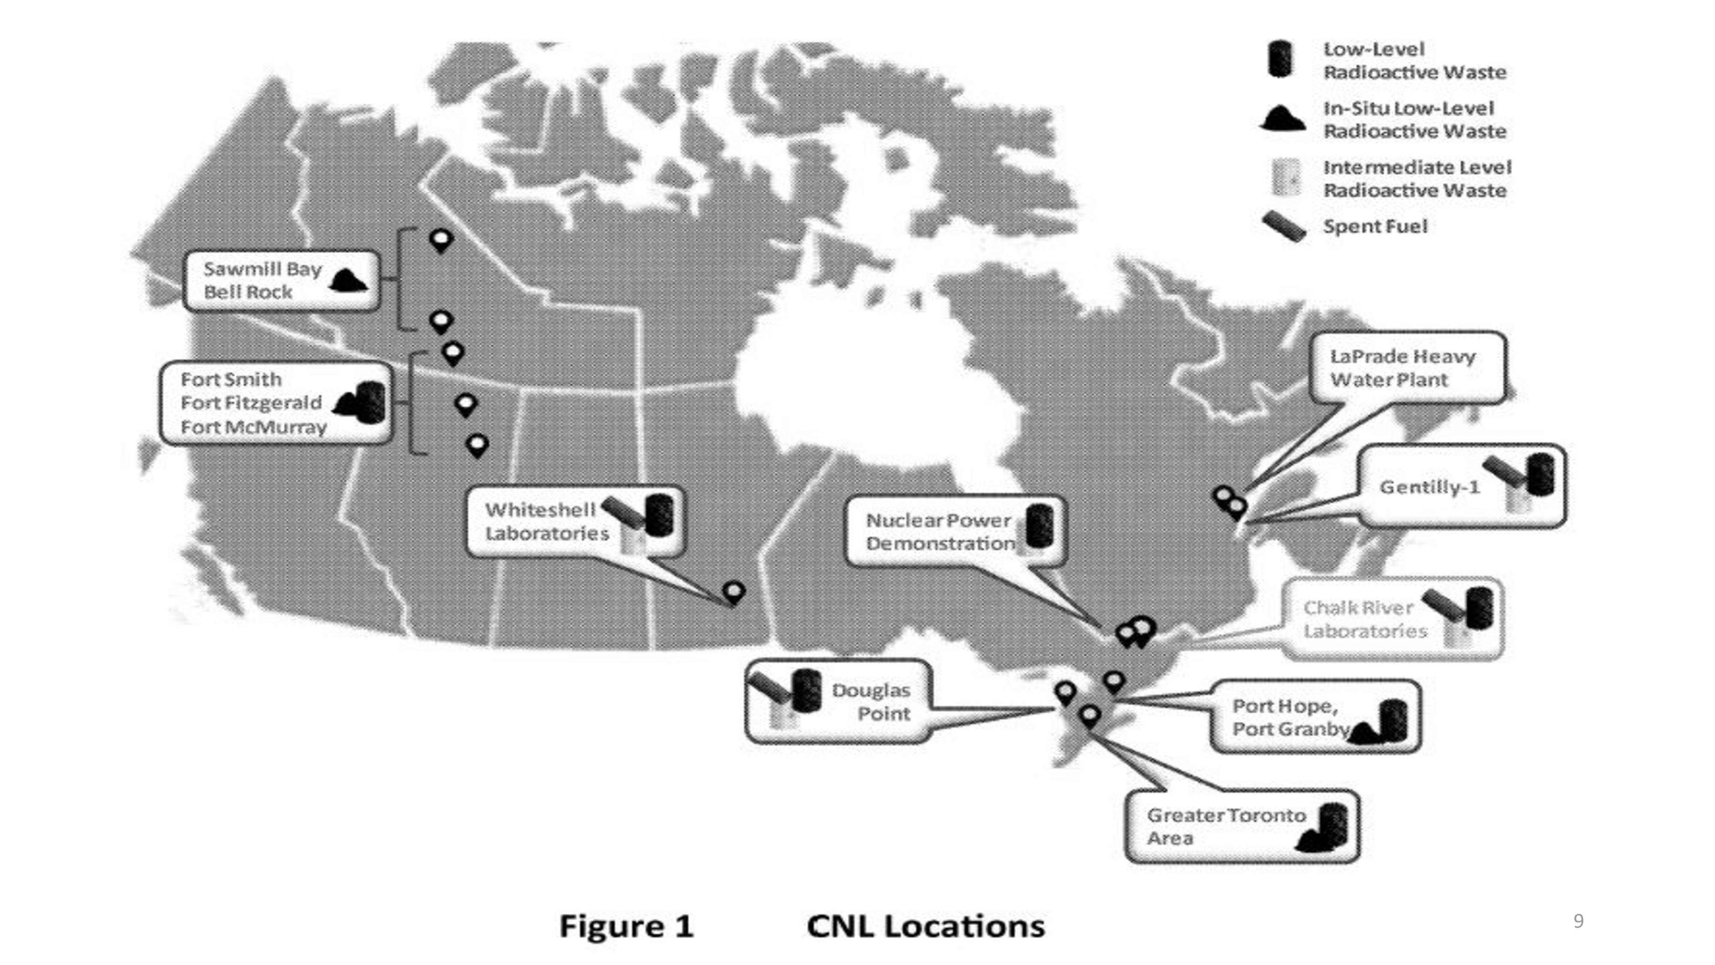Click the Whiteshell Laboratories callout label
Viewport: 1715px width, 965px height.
[x=547, y=522]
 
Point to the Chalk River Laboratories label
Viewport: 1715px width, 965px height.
[x=1365, y=619]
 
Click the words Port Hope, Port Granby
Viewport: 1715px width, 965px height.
[x=1290, y=717]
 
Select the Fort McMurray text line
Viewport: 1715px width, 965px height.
[x=254, y=427]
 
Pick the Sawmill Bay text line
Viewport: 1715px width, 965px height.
[x=262, y=269]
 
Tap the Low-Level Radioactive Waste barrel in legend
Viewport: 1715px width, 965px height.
[x=1279, y=59]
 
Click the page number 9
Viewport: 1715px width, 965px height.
[x=1578, y=921]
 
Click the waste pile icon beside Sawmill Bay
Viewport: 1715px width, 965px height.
[x=348, y=280]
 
